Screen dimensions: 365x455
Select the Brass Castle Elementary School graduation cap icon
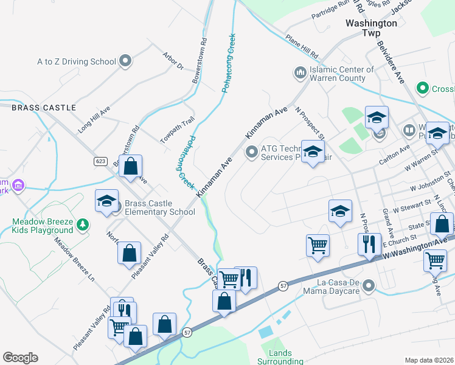click(x=106, y=201)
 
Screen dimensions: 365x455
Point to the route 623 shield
click(x=101, y=161)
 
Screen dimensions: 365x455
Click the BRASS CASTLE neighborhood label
click(x=44, y=108)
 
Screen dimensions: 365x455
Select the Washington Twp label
click(x=371, y=27)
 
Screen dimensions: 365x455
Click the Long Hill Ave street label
click(x=94, y=120)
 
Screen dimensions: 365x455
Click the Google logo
click(x=20, y=358)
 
